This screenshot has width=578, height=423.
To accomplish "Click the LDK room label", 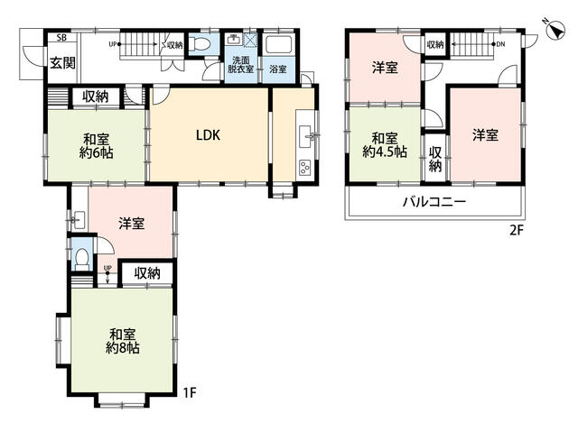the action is coord(208,135).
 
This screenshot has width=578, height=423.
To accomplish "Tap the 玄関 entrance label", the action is coord(63,63).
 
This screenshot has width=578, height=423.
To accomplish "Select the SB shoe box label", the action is coord(61,37).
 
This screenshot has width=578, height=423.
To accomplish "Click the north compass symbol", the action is coord(555,30).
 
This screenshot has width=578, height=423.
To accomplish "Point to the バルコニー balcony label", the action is coord(434,201).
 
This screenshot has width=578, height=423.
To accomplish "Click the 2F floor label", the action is coord(517,230).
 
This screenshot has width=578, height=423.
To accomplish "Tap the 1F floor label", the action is coord(190,393).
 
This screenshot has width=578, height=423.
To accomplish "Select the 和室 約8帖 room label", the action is coord(123,341).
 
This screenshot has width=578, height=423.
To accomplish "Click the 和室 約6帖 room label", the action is coord(96,146).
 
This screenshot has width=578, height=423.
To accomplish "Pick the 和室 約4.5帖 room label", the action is coord(385,145).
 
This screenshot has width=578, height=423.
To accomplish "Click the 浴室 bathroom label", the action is coord(278,69).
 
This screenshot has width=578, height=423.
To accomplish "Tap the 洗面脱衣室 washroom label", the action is coord(241,64).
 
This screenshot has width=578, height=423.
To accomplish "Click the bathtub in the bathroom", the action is coord(279,44).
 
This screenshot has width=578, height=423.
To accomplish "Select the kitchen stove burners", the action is coord(305,168).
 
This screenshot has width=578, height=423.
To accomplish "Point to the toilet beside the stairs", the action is coord(200,45).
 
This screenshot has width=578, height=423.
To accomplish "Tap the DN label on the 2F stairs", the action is coord(500,44).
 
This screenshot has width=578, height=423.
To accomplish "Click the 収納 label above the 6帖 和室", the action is coord(95,97).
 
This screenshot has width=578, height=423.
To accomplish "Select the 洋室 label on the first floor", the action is coord(132,224).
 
